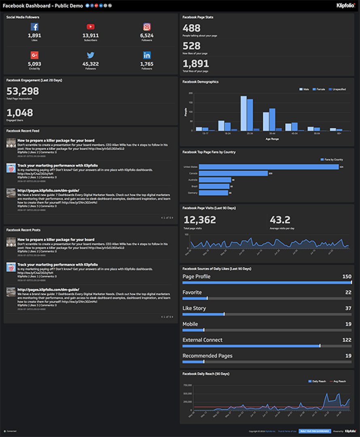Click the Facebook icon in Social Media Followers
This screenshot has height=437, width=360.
click(x=35, y=27)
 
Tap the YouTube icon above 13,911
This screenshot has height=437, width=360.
click(x=91, y=27)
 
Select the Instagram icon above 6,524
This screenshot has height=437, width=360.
click(x=147, y=27)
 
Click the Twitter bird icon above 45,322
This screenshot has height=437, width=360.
click(x=91, y=55)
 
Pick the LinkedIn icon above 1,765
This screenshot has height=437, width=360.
click(x=147, y=55)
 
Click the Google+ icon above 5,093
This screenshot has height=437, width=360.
click(x=35, y=55)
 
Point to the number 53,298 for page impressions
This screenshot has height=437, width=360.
click(x=23, y=91)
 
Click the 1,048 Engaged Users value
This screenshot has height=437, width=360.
click(x=20, y=113)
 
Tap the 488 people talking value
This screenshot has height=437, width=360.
click(x=191, y=28)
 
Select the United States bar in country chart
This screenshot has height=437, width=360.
click(x=269, y=167)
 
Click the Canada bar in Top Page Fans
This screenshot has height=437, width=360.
click(x=233, y=173)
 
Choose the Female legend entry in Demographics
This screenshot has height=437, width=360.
click(x=319, y=89)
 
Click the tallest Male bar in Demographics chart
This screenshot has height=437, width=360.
click(x=244, y=113)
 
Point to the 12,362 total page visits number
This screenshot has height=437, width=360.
click(x=200, y=220)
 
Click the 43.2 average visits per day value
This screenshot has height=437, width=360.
click(x=280, y=220)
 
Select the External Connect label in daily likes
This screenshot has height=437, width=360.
click(x=202, y=340)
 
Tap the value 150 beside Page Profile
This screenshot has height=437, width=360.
click(x=347, y=277)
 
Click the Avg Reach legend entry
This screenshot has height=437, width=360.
click(x=338, y=381)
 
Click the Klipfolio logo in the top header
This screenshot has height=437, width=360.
click(x=346, y=6)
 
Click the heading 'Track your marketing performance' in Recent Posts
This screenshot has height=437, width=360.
click(x=57, y=265)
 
